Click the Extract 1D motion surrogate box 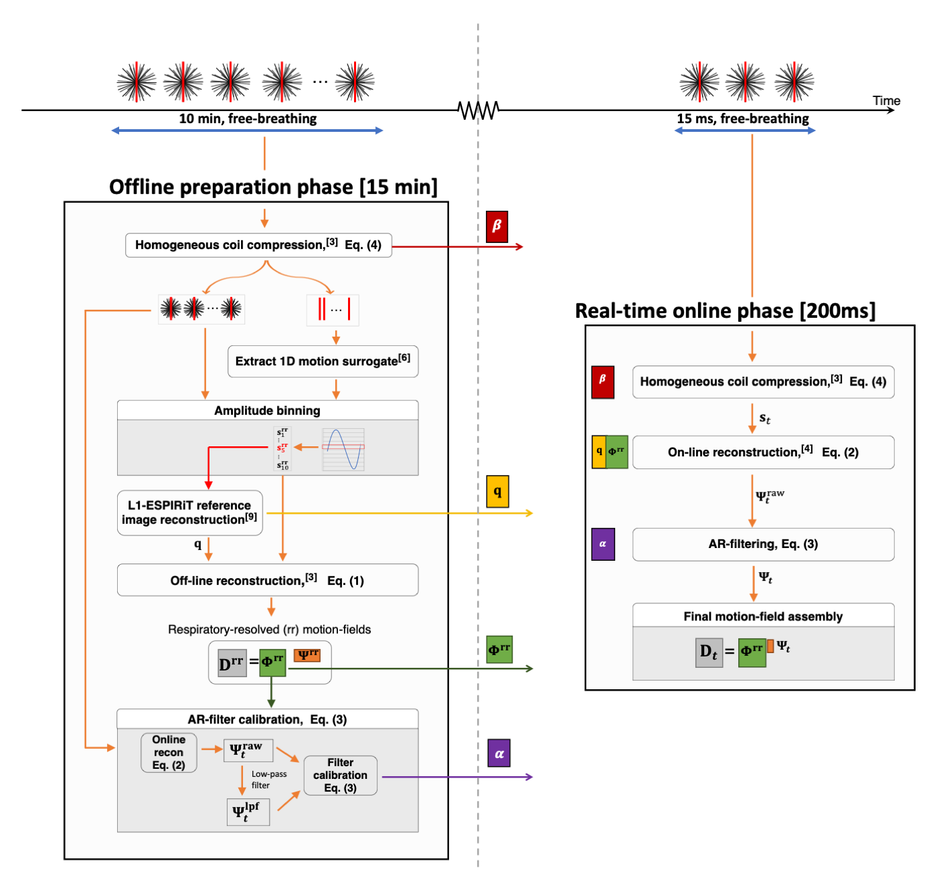323,361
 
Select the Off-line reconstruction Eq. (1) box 268,580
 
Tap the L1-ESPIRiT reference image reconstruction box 189,513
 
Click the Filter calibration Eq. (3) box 340,776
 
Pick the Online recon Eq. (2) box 169,753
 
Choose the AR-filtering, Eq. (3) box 763,544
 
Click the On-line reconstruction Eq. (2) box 763,452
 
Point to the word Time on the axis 886,101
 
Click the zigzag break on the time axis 479,110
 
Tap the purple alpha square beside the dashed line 499,754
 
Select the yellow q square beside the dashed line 497,492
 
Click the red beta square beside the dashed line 497,226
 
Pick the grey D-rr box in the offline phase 232,663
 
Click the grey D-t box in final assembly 708,652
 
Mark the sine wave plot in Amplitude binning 343,449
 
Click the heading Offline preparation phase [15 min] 273,187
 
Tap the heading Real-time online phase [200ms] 725,310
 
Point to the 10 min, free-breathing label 248,118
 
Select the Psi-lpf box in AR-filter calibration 248,812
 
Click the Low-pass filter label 268,780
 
